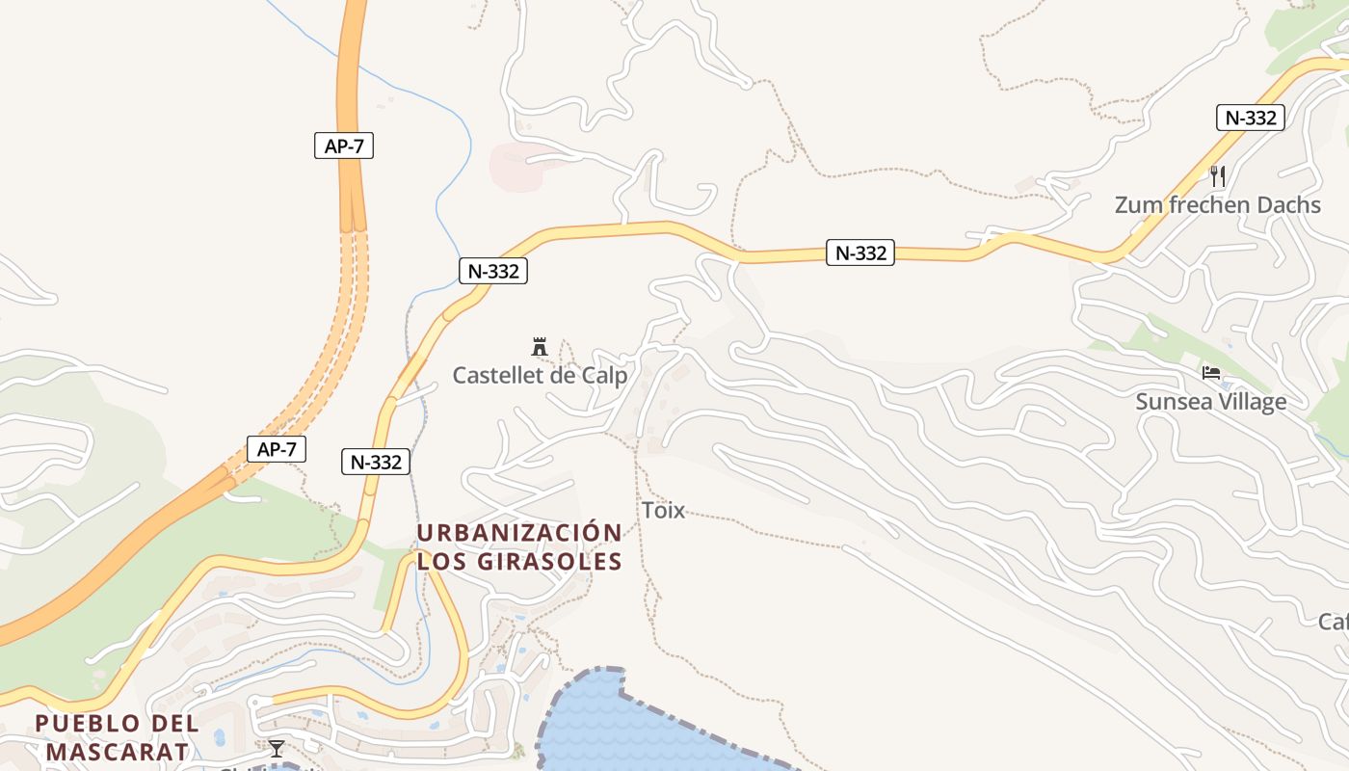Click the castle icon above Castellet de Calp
[540, 347]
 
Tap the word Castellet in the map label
[497, 376]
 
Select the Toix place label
[663, 511]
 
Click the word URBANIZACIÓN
[519, 533]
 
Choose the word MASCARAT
[116, 751]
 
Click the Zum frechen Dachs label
[1217, 205]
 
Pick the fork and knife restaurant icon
[1218, 175]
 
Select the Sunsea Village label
[1210, 402]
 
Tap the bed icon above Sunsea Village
[1210, 373]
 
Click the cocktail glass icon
[277, 748]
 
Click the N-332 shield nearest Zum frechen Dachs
[1250, 118]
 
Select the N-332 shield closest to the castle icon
[493, 271]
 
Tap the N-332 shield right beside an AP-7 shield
[375, 462]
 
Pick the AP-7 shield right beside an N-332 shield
[277, 448]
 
